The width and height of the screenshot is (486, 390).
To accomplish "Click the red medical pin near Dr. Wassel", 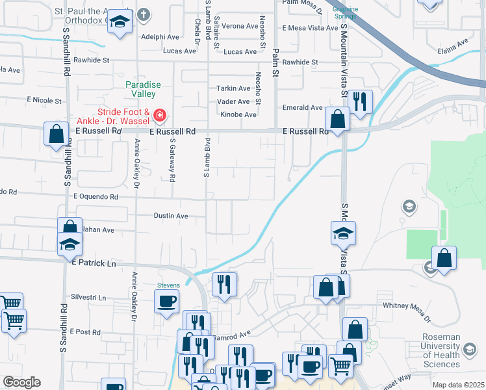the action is tap(159, 117).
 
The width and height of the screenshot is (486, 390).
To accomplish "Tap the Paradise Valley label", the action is tap(143, 89).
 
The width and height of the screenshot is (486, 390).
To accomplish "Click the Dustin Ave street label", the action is tap(171, 216).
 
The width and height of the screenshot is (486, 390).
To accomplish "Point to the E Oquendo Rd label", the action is tap(96, 196).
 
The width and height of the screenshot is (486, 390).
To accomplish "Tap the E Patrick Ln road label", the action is tap(94, 264).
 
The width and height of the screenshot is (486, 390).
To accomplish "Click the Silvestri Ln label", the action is tap(88, 297).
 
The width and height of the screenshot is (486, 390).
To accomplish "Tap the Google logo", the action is tap(21, 382).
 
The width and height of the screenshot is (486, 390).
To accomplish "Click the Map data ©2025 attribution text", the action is tap(457, 385).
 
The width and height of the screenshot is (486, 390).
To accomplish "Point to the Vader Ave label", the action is tap(233, 101).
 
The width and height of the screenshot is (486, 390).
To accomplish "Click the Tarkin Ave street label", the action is tap(233, 88).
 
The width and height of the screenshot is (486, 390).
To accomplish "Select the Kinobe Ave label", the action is tap(238, 114).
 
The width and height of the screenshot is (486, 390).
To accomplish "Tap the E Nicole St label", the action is tap(44, 101).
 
